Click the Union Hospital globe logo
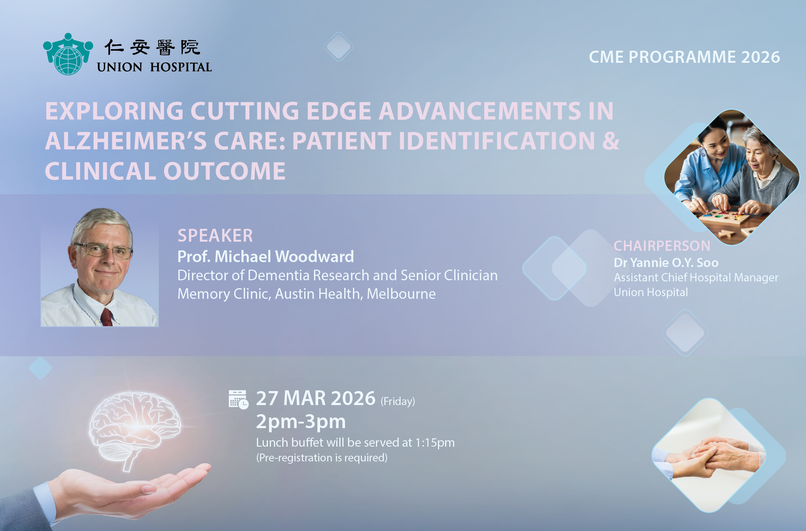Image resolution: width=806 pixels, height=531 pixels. (68, 54)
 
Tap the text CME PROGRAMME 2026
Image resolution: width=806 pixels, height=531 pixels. (684, 57)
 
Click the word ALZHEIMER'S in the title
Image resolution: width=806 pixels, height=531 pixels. (125, 141)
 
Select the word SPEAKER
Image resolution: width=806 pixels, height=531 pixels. (215, 236)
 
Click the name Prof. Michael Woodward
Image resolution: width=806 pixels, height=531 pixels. (266, 257)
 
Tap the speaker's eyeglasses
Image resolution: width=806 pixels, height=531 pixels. (103, 250)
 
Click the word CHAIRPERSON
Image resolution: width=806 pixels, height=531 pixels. (662, 246)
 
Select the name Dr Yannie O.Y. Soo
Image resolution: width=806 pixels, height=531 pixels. (666, 262)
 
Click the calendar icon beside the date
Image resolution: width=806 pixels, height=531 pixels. (238, 400)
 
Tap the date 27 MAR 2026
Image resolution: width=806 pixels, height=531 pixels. (316, 398)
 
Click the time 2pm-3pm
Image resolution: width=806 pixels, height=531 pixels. (301, 422)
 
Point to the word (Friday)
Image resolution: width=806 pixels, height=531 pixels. (398, 401)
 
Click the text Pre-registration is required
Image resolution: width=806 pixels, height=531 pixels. (322, 458)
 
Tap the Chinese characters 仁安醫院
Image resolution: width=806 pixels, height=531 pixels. (152, 48)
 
